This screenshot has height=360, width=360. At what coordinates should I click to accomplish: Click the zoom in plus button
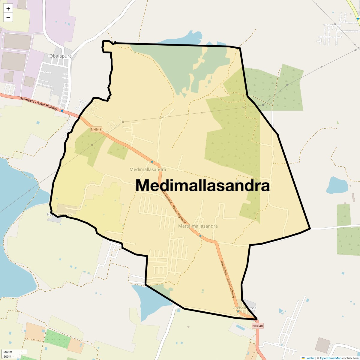(x=8, y=9)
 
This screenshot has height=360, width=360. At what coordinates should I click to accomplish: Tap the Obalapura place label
(x=61, y=56)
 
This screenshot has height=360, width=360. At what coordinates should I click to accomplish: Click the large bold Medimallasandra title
(x=203, y=185)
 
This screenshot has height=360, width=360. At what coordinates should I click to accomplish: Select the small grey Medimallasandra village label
(x=148, y=169)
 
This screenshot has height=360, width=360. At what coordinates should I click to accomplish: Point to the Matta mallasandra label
(x=198, y=226)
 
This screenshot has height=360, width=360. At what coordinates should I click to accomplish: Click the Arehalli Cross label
(x=245, y=308)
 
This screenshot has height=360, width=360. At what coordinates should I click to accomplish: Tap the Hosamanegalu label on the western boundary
(x=59, y=214)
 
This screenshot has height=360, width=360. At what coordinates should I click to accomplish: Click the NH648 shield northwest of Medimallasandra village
(x=96, y=130)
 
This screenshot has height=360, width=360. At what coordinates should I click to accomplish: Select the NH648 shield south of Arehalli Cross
(x=257, y=326)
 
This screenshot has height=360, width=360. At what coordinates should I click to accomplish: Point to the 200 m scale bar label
(x=8, y=352)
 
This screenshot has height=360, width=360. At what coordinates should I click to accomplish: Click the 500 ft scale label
(x=7, y=357)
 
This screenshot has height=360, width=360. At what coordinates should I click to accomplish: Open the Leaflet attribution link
(x=310, y=358)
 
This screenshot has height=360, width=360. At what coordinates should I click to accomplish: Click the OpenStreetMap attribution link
(x=330, y=358)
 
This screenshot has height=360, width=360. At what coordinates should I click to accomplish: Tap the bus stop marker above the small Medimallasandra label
(x=152, y=162)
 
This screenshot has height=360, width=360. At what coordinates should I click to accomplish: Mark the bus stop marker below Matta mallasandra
(x=200, y=236)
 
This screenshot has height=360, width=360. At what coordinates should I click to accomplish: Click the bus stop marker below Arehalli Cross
(x=238, y=311)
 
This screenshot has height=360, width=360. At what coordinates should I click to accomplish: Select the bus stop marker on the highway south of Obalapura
(x=62, y=111)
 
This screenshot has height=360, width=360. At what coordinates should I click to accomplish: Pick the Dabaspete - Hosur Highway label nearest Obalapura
(x=39, y=103)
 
